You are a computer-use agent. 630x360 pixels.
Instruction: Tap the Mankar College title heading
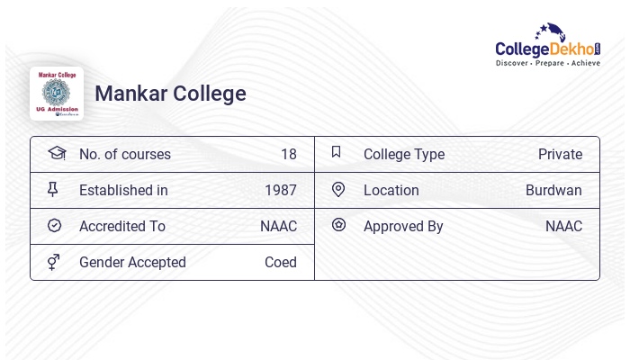click(x=170, y=94)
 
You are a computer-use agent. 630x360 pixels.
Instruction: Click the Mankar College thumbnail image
click(x=57, y=94)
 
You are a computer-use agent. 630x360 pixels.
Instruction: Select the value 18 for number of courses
click(x=288, y=155)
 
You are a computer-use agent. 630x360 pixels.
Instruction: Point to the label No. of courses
click(x=124, y=155)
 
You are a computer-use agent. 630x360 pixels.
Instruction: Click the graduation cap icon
click(x=56, y=153)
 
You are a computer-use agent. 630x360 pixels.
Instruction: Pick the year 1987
click(x=280, y=191)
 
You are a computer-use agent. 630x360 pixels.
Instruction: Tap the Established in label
click(x=123, y=191)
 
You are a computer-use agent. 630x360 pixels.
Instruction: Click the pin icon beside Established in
click(x=53, y=189)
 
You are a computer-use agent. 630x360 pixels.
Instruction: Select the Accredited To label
click(x=121, y=227)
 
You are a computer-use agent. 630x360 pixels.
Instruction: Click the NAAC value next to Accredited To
click(x=278, y=227)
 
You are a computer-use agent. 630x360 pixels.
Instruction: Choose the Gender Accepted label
click(x=132, y=263)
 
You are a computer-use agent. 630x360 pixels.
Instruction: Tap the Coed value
click(x=280, y=263)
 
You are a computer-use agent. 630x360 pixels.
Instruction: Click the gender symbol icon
click(x=54, y=262)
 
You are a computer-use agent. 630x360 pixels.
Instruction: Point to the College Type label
click(x=403, y=155)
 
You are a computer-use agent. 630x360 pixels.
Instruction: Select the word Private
click(x=560, y=155)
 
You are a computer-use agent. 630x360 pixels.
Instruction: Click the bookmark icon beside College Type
click(x=337, y=152)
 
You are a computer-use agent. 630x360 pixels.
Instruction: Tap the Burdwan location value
click(x=553, y=191)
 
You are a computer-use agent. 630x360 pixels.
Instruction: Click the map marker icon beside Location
click(x=338, y=189)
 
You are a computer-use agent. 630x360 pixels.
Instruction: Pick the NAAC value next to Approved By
click(x=563, y=227)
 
